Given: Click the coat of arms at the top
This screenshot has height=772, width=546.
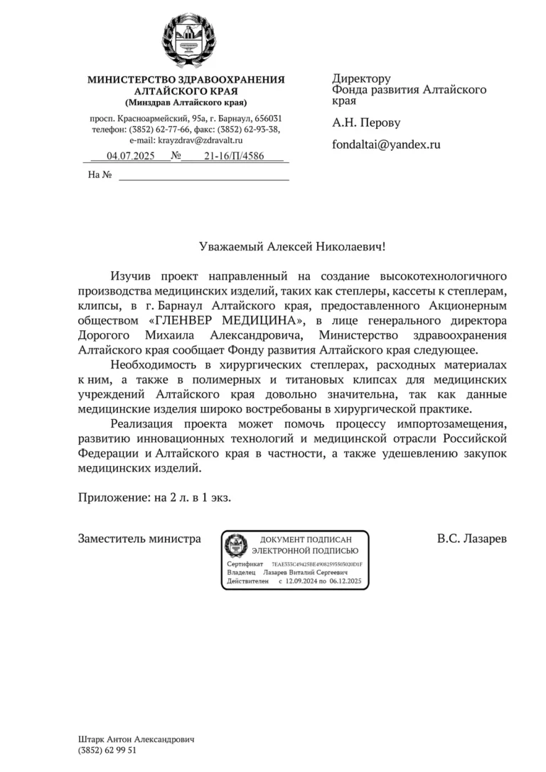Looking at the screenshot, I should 186,39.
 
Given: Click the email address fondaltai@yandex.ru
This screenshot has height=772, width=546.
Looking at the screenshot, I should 386,144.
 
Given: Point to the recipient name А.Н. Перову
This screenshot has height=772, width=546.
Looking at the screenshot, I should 366,122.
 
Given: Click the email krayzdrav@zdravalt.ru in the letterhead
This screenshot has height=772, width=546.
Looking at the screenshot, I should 200,141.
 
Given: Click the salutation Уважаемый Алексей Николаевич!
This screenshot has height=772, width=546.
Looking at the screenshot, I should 291,246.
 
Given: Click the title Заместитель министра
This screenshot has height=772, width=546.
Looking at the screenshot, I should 139,539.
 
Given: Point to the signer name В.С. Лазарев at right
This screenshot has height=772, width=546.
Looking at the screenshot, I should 471,539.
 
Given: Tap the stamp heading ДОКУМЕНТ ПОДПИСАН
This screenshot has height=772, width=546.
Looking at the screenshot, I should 306,540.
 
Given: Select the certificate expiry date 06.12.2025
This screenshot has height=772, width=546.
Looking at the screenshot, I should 346,581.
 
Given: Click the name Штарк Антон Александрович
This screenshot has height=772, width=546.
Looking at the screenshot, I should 136,739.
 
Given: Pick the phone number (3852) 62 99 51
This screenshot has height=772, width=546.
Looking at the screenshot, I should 107,750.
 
